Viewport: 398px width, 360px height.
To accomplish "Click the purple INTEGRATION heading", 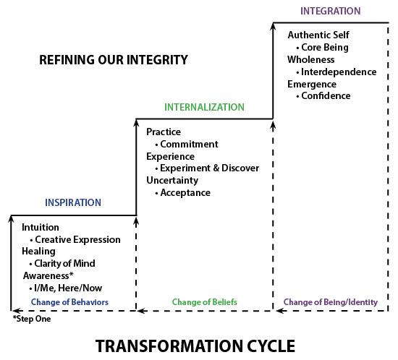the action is [x=330, y=11].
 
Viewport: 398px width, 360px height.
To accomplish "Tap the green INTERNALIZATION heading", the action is [x=204, y=107].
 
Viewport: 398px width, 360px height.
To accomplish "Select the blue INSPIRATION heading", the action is [x=73, y=202].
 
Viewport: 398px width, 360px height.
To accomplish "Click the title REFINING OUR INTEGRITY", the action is [x=114, y=60].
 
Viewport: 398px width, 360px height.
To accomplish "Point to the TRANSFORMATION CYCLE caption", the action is [x=195, y=346].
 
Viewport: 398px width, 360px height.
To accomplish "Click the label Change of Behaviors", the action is [x=69, y=302].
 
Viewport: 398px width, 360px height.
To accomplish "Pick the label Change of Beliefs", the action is [x=205, y=302].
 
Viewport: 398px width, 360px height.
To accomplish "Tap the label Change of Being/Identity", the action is [x=331, y=302].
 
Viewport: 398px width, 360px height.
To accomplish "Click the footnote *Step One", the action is [x=32, y=319].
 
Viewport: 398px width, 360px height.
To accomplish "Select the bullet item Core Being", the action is [x=322, y=48].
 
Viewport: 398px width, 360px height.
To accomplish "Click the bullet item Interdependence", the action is [x=336, y=72].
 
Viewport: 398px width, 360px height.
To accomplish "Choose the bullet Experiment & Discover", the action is [x=207, y=168].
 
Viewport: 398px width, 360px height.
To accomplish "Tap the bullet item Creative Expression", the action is [x=75, y=239].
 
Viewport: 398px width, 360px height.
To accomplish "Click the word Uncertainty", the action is [x=172, y=180].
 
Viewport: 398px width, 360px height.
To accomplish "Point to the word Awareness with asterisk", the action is [x=48, y=275].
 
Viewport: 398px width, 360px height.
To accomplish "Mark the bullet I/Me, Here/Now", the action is [x=66, y=288].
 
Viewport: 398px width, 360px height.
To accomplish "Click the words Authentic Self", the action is [x=318, y=35].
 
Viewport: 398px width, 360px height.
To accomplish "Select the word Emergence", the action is [x=312, y=85].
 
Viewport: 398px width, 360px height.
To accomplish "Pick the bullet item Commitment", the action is [x=187, y=145].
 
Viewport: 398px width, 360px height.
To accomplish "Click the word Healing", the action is [x=38, y=252].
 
